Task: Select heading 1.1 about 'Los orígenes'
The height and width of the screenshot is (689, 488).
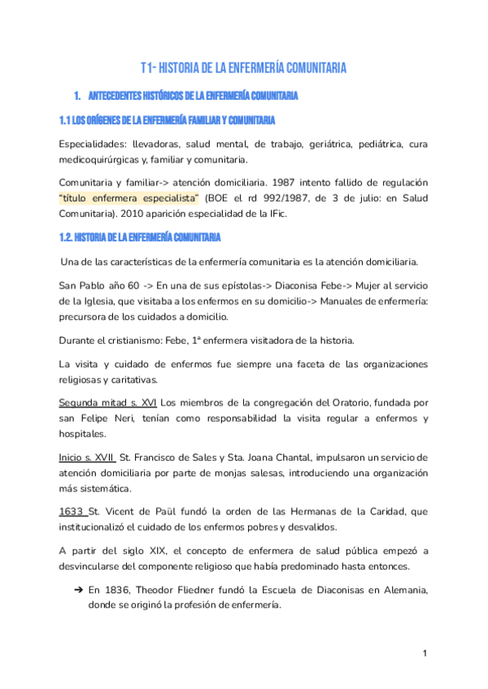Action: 166,121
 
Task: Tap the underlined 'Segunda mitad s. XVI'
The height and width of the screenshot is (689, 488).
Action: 108,403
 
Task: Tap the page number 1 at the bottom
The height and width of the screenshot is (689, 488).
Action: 425,654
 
